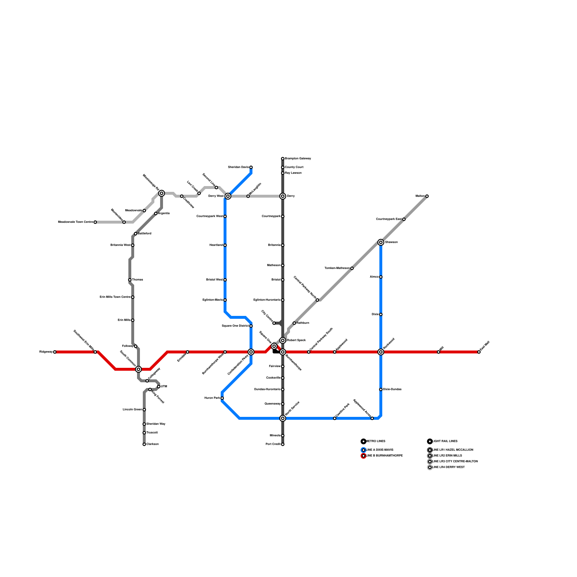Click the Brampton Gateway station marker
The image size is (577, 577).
283,159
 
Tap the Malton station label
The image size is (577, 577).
420,196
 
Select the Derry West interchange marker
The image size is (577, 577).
228,196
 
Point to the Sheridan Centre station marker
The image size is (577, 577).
251,167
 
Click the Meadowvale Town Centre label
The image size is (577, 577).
75,222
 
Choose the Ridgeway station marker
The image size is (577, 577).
55,352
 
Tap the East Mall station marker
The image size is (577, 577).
479,352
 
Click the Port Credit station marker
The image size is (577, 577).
283,444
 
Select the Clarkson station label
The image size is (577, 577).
153,444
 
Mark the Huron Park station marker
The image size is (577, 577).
222,398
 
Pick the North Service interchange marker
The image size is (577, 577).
283,418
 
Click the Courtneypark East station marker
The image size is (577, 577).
404,219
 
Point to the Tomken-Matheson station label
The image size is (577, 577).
337,268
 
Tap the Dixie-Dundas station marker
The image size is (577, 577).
381,389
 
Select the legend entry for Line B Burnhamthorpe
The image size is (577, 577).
384,456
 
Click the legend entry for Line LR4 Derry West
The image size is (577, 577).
448,467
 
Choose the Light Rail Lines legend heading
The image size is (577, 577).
445,441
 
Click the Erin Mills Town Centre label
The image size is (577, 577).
115,297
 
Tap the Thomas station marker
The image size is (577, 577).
130,280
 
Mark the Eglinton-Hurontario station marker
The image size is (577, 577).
283,300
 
